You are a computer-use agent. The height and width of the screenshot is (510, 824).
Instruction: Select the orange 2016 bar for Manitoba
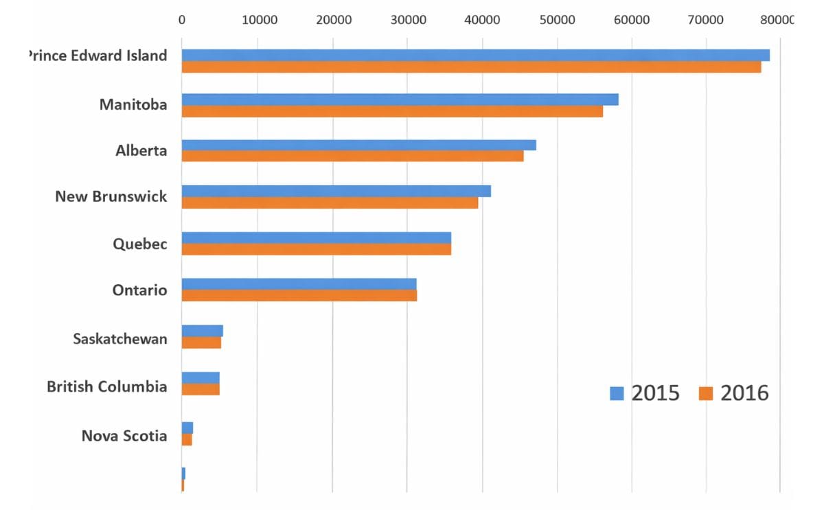coord(392,111)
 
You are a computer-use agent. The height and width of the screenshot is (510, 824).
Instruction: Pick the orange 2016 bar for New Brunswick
coord(330,203)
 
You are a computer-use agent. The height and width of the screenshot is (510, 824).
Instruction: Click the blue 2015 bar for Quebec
coord(316,237)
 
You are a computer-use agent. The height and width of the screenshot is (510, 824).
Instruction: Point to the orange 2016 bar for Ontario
coord(299,296)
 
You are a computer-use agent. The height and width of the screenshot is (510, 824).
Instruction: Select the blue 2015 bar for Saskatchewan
coord(202,331)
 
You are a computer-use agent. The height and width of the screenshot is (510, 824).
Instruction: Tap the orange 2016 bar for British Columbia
coord(201,389)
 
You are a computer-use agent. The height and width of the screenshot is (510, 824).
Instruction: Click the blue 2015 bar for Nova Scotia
coord(187,428)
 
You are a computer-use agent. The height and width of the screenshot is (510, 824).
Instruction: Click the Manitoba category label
coord(133,105)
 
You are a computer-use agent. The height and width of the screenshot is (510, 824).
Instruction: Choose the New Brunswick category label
coord(111,197)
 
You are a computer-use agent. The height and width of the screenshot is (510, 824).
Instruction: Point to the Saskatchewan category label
coord(119,339)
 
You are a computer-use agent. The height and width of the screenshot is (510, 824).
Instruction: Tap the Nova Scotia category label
coord(124,436)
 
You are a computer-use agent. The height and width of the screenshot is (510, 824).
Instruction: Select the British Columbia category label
coord(106,386)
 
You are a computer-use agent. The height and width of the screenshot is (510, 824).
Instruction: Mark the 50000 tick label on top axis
coord(557,19)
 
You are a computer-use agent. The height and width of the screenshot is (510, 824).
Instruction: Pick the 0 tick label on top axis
coord(182,19)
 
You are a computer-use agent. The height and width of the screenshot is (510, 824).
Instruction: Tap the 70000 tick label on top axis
coord(707,19)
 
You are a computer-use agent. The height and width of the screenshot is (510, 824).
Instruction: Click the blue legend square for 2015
coord(617,393)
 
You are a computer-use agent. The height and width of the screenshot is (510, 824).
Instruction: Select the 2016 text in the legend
coord(744,393)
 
